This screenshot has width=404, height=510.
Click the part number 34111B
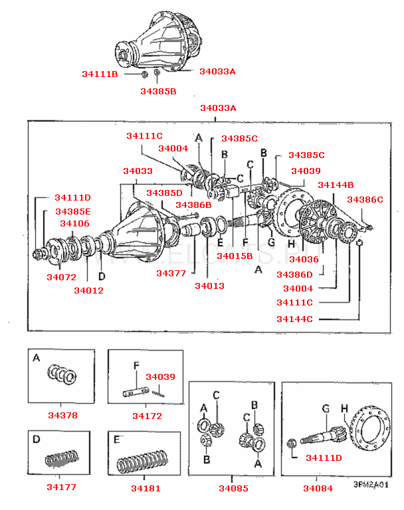100,74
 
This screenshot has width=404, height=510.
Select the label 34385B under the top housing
158,91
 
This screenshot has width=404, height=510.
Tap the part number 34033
138,171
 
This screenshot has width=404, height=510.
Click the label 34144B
336,185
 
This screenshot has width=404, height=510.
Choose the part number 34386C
365,199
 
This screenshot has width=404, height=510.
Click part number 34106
74,224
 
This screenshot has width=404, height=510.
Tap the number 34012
88,290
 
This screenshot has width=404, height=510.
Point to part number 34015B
235,256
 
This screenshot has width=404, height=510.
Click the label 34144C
294,319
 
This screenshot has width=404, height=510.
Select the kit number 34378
62,416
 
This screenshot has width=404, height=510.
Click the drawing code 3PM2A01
370,485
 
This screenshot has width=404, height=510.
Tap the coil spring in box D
62,458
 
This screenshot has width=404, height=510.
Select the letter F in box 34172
136,366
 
